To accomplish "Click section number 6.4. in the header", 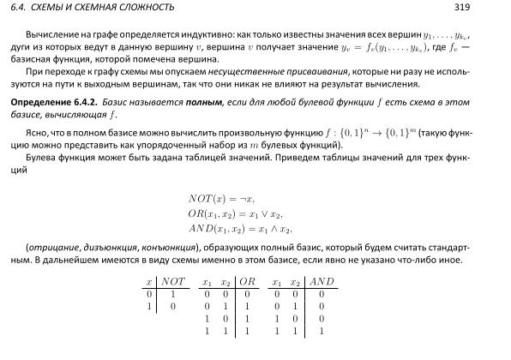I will click(17, 8).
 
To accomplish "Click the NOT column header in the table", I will click(173, 282).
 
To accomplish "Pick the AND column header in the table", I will click(322, 282).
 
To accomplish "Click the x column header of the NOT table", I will click(149, 282).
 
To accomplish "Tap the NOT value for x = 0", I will click(173, 294).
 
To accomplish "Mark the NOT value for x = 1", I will click(173, 306).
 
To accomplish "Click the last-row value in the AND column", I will click(322, 330).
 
